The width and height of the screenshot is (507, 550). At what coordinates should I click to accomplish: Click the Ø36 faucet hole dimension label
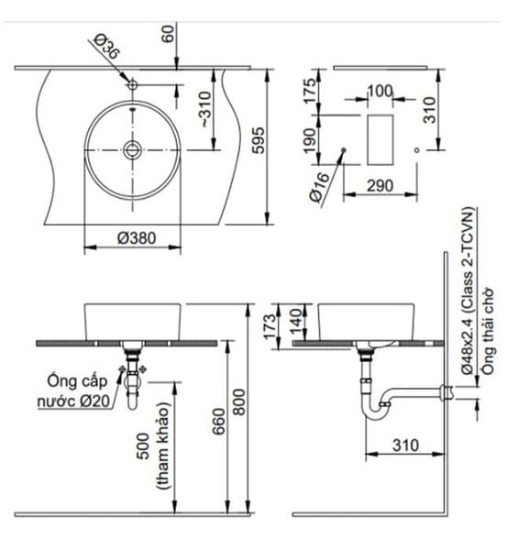pos(105,47)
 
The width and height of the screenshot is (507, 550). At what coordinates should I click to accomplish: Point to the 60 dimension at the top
pos(167,35)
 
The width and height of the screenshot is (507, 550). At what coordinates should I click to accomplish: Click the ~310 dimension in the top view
pos(203,112)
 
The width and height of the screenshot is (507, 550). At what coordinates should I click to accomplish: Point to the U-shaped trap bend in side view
pos(375,412)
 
